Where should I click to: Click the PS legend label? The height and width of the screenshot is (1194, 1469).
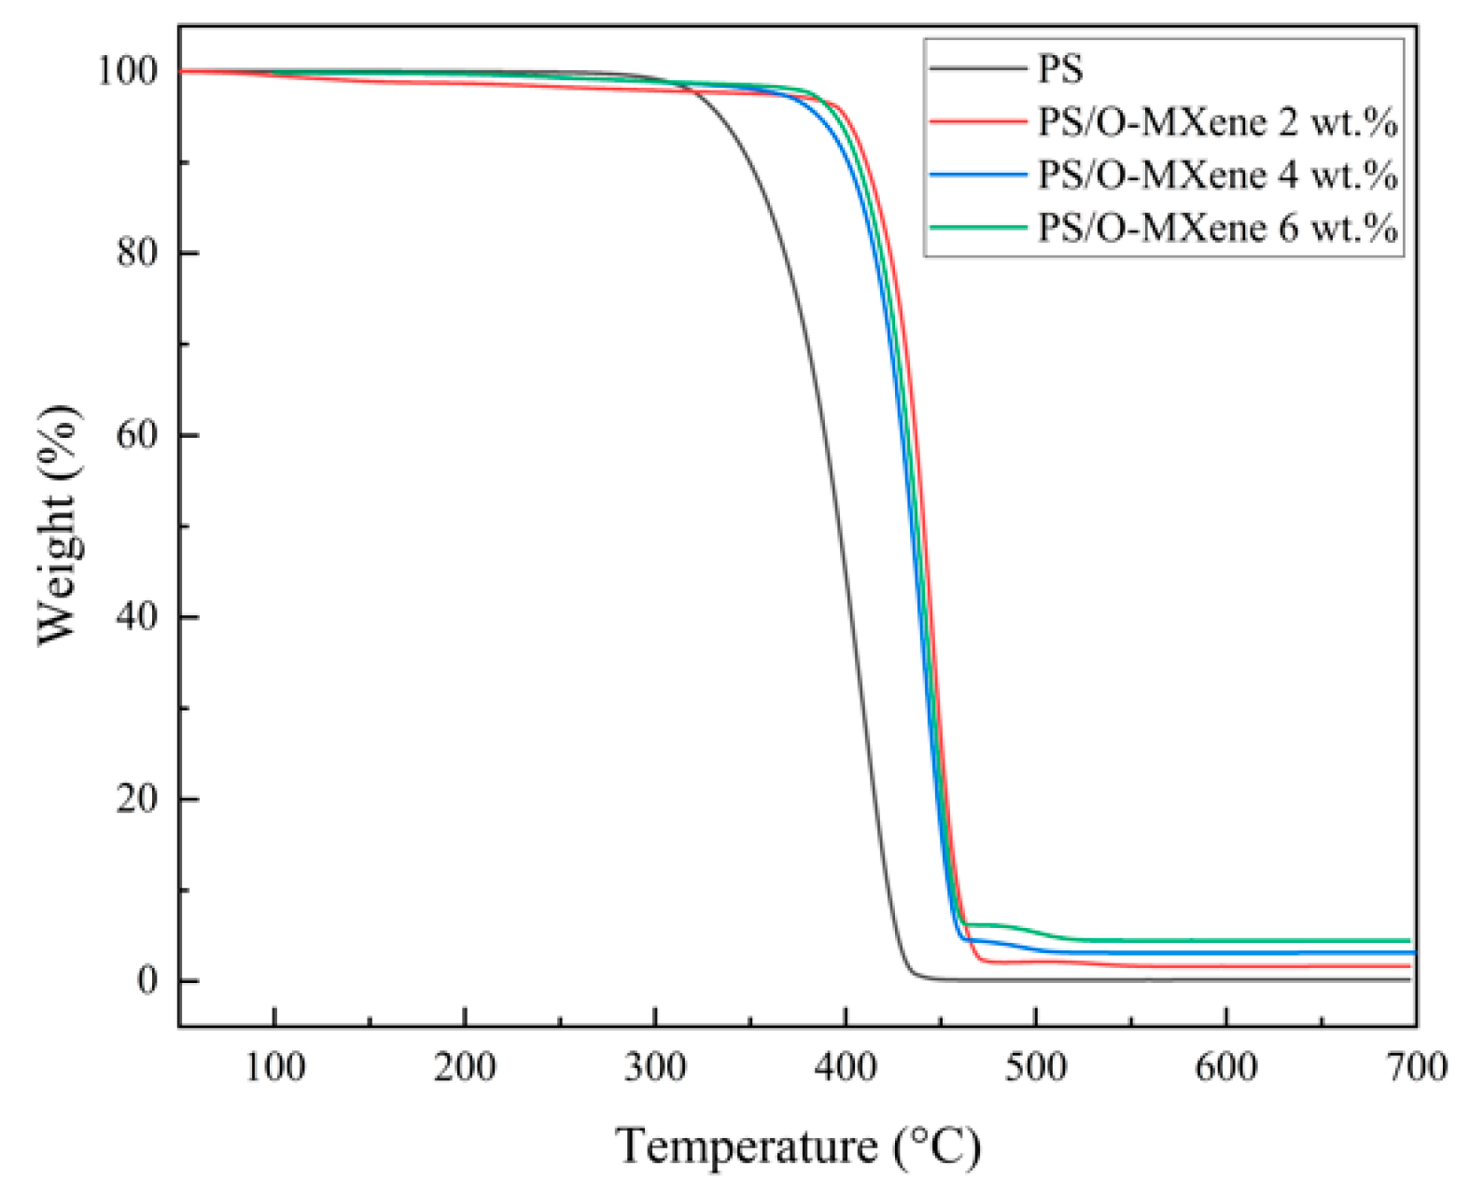click(x=1060, y=69)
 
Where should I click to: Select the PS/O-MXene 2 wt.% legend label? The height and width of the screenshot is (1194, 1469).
click(x=1217, y=122)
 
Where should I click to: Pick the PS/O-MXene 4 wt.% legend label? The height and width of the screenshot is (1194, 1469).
click(x=1217, y=176)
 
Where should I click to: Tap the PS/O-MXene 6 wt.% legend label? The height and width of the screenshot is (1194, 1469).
click(x=1217, y=228)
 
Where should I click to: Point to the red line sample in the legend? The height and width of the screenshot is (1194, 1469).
click(x=977, y=121)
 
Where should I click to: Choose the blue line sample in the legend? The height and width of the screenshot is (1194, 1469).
click(x=977, y=175)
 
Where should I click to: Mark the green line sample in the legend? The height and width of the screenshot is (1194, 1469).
click(x=977, y=227)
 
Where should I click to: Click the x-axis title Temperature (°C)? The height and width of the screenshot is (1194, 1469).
click(x=798, y=1145)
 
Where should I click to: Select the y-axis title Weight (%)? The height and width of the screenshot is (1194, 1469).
click(x=58, y=525)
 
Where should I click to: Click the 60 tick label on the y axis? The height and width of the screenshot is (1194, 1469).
click(x=137, y=435)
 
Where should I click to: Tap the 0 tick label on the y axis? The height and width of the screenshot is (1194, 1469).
click(x=147, y=981)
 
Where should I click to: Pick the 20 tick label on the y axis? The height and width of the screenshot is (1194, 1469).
click(x=137, y=799)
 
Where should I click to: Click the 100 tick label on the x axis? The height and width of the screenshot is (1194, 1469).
click(x=274, y=1066)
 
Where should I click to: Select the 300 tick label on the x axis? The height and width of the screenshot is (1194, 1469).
click(x=655, y=1066)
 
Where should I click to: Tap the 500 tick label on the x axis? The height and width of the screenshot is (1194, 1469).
click(x=1036, y=1066)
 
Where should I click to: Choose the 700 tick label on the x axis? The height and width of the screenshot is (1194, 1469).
click(x=1416, y=1066)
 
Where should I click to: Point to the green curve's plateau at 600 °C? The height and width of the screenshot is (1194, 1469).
click(x=1225, y=941)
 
